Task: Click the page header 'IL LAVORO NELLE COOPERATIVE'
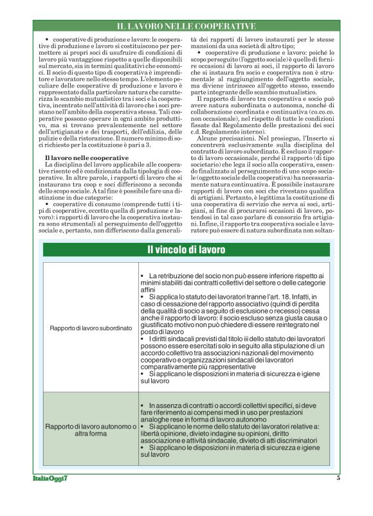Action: coord(186,26)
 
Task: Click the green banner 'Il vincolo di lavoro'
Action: coord(186,249)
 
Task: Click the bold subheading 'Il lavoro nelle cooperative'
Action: coord(77,157)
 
